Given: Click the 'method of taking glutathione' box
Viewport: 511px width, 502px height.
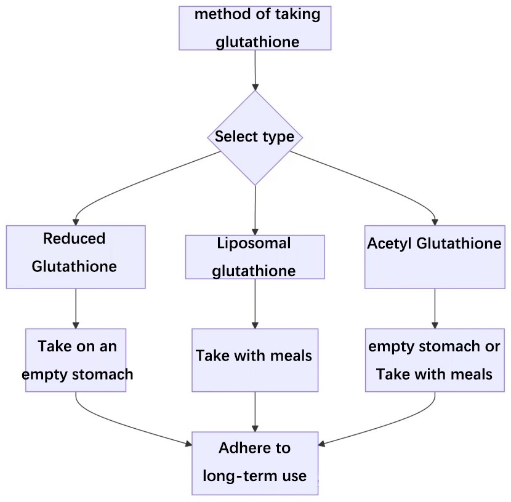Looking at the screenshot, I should [255, 28].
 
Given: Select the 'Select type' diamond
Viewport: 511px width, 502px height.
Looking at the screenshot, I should [255, 137].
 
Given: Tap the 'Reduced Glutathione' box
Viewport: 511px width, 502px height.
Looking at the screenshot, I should [76, 257].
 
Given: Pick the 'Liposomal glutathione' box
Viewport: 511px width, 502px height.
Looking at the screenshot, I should [255, 257].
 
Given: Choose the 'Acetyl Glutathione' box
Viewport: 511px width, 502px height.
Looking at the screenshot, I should [435, 257].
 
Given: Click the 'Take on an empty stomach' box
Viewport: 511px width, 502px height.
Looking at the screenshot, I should [76, 360].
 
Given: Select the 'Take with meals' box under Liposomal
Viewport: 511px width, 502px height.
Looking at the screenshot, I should [255, 360].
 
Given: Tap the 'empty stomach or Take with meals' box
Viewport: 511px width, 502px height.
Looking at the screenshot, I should [435, 360].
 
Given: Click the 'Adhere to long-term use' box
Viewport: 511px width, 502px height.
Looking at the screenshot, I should [255, 463].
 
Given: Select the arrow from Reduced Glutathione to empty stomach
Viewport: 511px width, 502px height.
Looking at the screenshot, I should [76, 308].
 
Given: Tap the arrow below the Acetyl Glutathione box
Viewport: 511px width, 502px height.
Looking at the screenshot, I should [435, 308].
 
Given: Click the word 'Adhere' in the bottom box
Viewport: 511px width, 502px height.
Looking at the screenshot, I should [246, 448].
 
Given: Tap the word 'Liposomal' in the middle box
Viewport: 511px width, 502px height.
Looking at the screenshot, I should [254, 243].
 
